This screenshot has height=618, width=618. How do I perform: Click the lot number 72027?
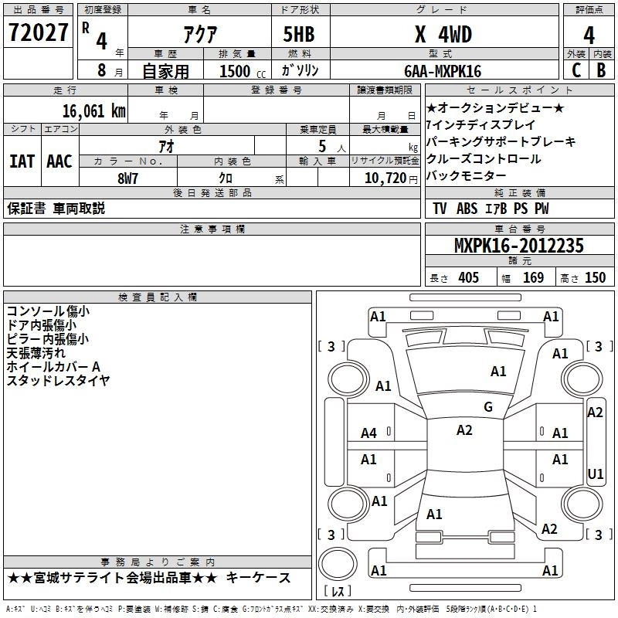pyautogui.click(x=38, y=32)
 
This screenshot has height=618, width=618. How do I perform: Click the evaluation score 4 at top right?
pyautogui.click(x=589, y=36)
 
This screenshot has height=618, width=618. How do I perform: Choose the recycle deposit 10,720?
pyautogui.click(x=383, y=178)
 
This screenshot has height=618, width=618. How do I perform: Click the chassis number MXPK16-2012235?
pyautogui.click(x=519, y=246)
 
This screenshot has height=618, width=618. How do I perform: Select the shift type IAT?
pyautogui.click(x=22, y=161)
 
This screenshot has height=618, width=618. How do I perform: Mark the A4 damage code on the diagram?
pyautogui.click(x=369, y=433)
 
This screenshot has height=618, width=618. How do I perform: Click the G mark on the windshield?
pyautogui.click(x=488, y=407)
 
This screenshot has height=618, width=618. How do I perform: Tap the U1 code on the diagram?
pyautogui.click(x=596, y=473)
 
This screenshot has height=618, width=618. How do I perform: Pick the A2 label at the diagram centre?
pyautogui.click(x=464, y=430)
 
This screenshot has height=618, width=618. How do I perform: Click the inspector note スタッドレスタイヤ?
pyautogui.click(x=58, y=380)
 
